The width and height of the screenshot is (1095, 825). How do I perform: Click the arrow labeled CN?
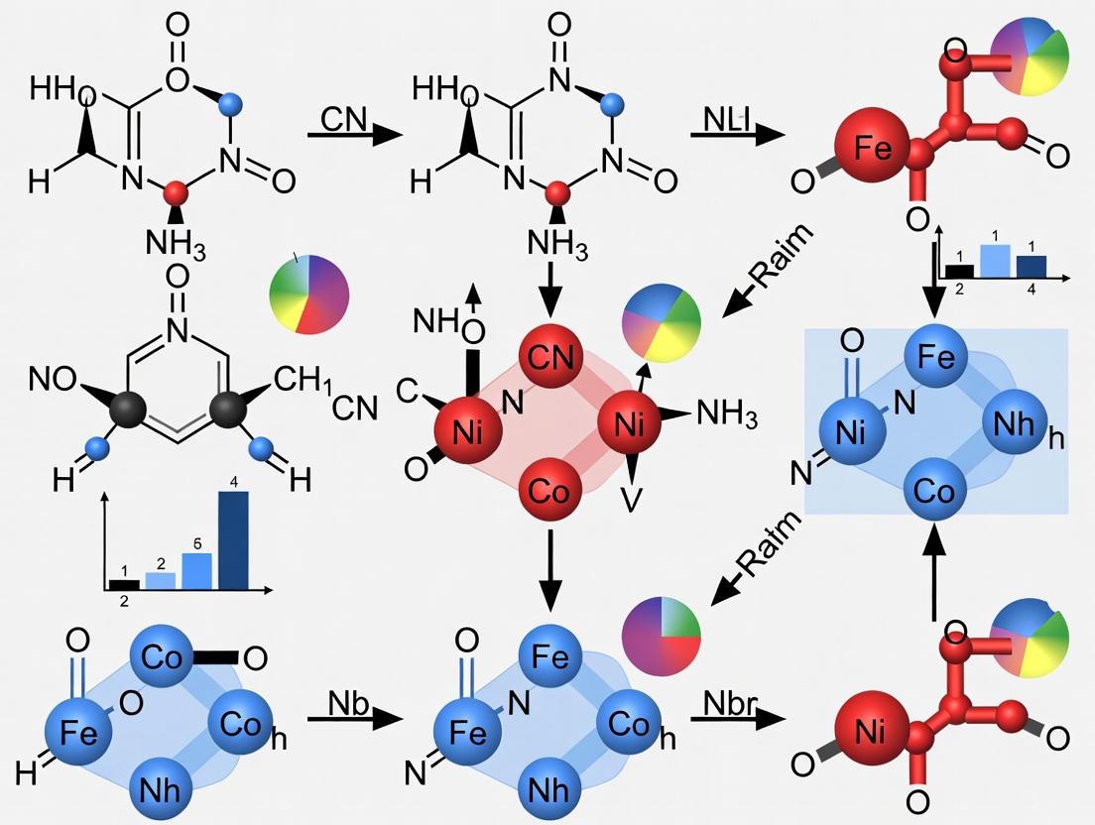pos(345,135)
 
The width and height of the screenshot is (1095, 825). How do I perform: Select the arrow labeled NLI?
pos(730,135)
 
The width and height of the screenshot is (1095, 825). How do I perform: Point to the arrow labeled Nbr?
pos(730,717)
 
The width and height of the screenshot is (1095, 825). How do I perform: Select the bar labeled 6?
pos(197,569)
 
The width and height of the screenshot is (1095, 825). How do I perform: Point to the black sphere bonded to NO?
pos(130,409)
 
